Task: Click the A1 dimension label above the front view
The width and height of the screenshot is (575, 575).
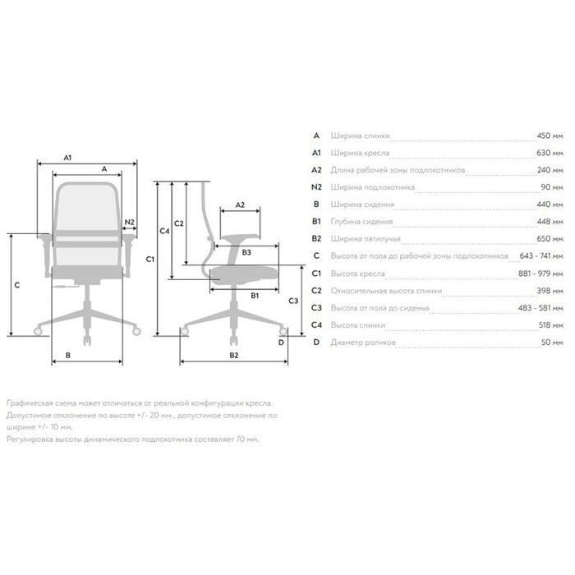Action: click(67, 158)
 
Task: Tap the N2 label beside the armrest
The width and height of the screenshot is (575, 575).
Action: click(130, 222)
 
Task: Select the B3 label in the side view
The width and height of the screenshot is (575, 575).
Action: click(246, 252)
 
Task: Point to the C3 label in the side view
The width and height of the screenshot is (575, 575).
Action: click(293, 301)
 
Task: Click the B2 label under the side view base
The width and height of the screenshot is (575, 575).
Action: click(234, 355)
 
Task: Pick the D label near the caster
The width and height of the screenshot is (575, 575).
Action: click(281, 343)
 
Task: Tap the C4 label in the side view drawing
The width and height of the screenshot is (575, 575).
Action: click(164, 231)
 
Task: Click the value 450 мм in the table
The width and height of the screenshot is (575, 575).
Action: click(550, 136)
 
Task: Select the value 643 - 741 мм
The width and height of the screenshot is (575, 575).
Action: click(541, 255)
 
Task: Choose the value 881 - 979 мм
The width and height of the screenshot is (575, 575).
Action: click(540, 274)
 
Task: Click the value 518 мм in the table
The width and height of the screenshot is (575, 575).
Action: click(550, 325)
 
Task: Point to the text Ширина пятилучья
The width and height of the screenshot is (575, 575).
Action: click(366, 239)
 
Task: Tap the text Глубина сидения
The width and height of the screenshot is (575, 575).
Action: click(361, 222)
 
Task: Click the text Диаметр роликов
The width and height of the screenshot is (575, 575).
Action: click(363, 343)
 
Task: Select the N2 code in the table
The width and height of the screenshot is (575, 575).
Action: click(316, 187)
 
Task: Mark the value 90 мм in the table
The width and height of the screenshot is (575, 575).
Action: click(552, 187)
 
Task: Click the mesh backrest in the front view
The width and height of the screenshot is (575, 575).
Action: click(86, 206)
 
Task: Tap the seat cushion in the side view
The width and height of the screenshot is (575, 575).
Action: click(243, 274)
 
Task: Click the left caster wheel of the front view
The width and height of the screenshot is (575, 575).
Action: click(38, 332)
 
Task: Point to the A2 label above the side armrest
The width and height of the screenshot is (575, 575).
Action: click(240, 205)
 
